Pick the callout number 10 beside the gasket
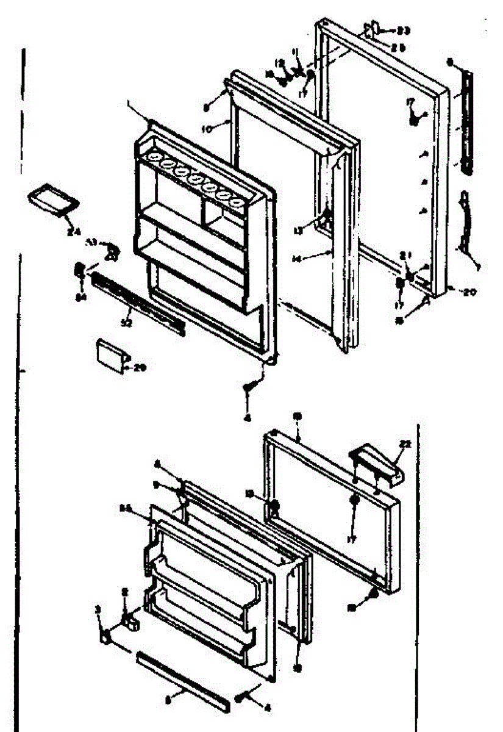point(206,129)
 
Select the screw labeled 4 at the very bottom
point(240,695)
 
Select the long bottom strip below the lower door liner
point(183,681)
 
